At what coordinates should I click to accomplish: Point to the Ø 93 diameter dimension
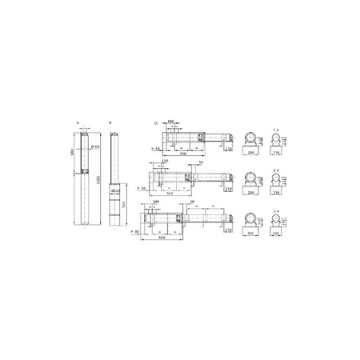(x=94, y=146)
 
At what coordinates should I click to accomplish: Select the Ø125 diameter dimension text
(x=115, y=190)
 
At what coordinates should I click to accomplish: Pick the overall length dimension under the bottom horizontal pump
(x=162, y=238)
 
